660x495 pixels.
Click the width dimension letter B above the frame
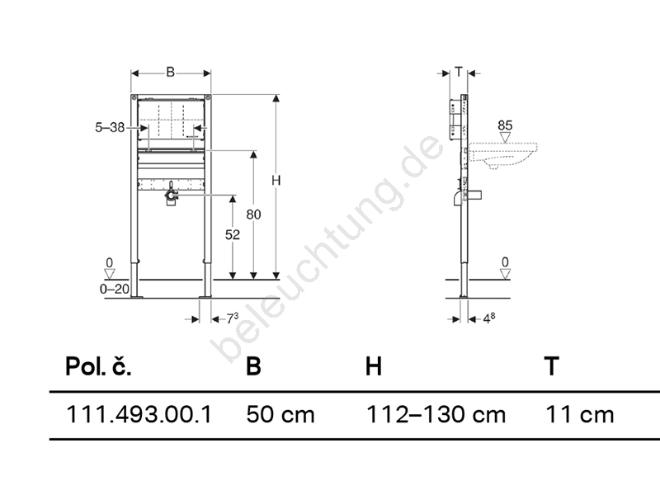tap(170, 72)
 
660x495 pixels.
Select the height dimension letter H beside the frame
tap(276, 180)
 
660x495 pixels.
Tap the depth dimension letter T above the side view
tap(459, 72)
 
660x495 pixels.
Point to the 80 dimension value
tap(253, 214)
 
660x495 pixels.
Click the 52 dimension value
tap(233, 234)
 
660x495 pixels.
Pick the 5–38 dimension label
tap(110, 127)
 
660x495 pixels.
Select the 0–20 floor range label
tap(115, 289)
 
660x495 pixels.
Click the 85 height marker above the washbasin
tap(505, 125)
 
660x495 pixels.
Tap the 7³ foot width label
tap(233, 318)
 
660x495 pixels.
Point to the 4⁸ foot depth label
tap(488, 318)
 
